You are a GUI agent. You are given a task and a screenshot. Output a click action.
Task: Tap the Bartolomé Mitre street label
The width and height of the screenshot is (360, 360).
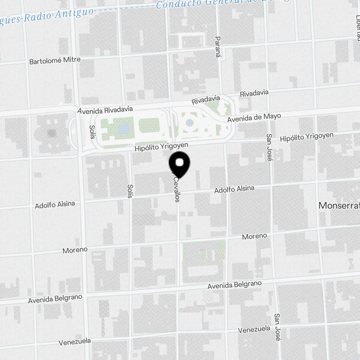click(55, 60)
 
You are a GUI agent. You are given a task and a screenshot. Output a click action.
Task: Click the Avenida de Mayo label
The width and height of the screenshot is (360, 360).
click(254, 118)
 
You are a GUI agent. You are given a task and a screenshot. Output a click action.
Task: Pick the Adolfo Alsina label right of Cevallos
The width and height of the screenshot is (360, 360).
click(234, 189)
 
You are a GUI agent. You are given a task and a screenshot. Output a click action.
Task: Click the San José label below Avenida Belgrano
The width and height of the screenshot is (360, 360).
click(277, 327)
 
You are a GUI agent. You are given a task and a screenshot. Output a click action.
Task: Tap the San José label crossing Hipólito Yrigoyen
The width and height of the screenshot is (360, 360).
click(269, 144)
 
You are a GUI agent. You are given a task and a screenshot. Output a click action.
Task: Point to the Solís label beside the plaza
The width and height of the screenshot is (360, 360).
click(93, 132)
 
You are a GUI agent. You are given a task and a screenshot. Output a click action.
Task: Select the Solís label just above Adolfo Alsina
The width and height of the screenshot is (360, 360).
click(130, 191)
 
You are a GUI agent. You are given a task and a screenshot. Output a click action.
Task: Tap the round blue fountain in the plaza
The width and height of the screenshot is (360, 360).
click(189, 123)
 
